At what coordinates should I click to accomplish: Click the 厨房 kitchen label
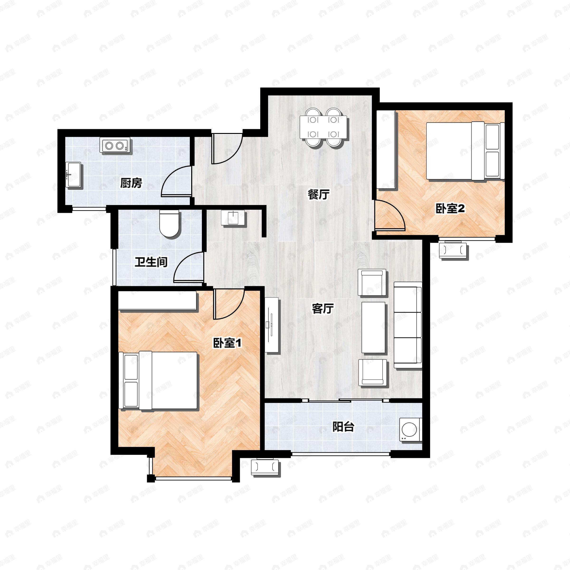click(131, 183)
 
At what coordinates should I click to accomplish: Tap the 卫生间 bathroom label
click(151, 262)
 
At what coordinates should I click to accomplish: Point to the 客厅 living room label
click(323, 309)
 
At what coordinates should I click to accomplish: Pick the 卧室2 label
click(450, 209)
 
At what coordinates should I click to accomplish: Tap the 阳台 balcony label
click(343, 427)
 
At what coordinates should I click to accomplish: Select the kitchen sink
click(73, 174)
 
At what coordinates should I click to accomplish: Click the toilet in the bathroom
click(169, 223)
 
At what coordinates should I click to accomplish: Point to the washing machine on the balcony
click(411, 429)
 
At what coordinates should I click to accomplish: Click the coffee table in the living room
click(373, 327)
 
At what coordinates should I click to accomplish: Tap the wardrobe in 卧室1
click(157, 301)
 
